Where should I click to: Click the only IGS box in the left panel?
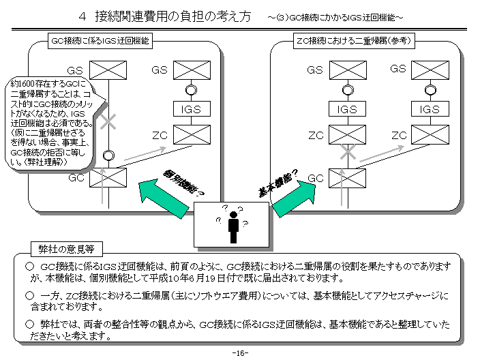tap(192, 110)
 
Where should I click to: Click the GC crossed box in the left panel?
tap(108, 179)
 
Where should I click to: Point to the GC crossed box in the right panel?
tap(347, 179)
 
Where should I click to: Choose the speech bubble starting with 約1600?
tap(49, 122)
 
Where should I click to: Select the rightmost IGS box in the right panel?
tap(430, 110)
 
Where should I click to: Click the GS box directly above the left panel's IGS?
tap(192, 70)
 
